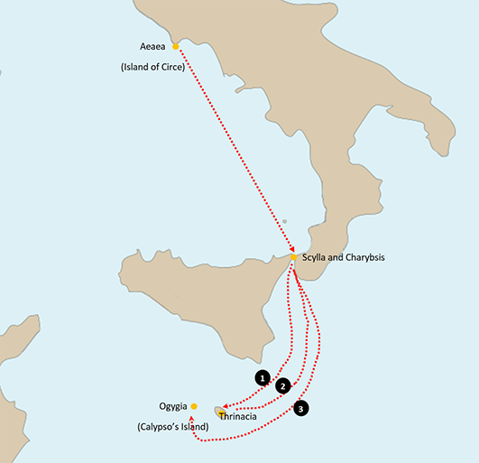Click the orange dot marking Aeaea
(x=175, y=46)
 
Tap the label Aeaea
(x=152, y=46)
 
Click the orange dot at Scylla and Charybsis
(x=294, y=257)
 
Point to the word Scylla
(x=315, y=257)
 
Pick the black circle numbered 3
(x=301, y=408)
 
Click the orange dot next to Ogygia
(x=194, y=406)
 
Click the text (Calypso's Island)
(x=172, y=426)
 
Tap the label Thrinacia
(x=238, y=418)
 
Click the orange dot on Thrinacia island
(x=221, y=412)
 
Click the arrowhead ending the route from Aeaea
(x=293, y=250)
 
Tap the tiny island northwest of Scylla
(x=284, y=221)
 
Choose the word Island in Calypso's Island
(x=192, y=426)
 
